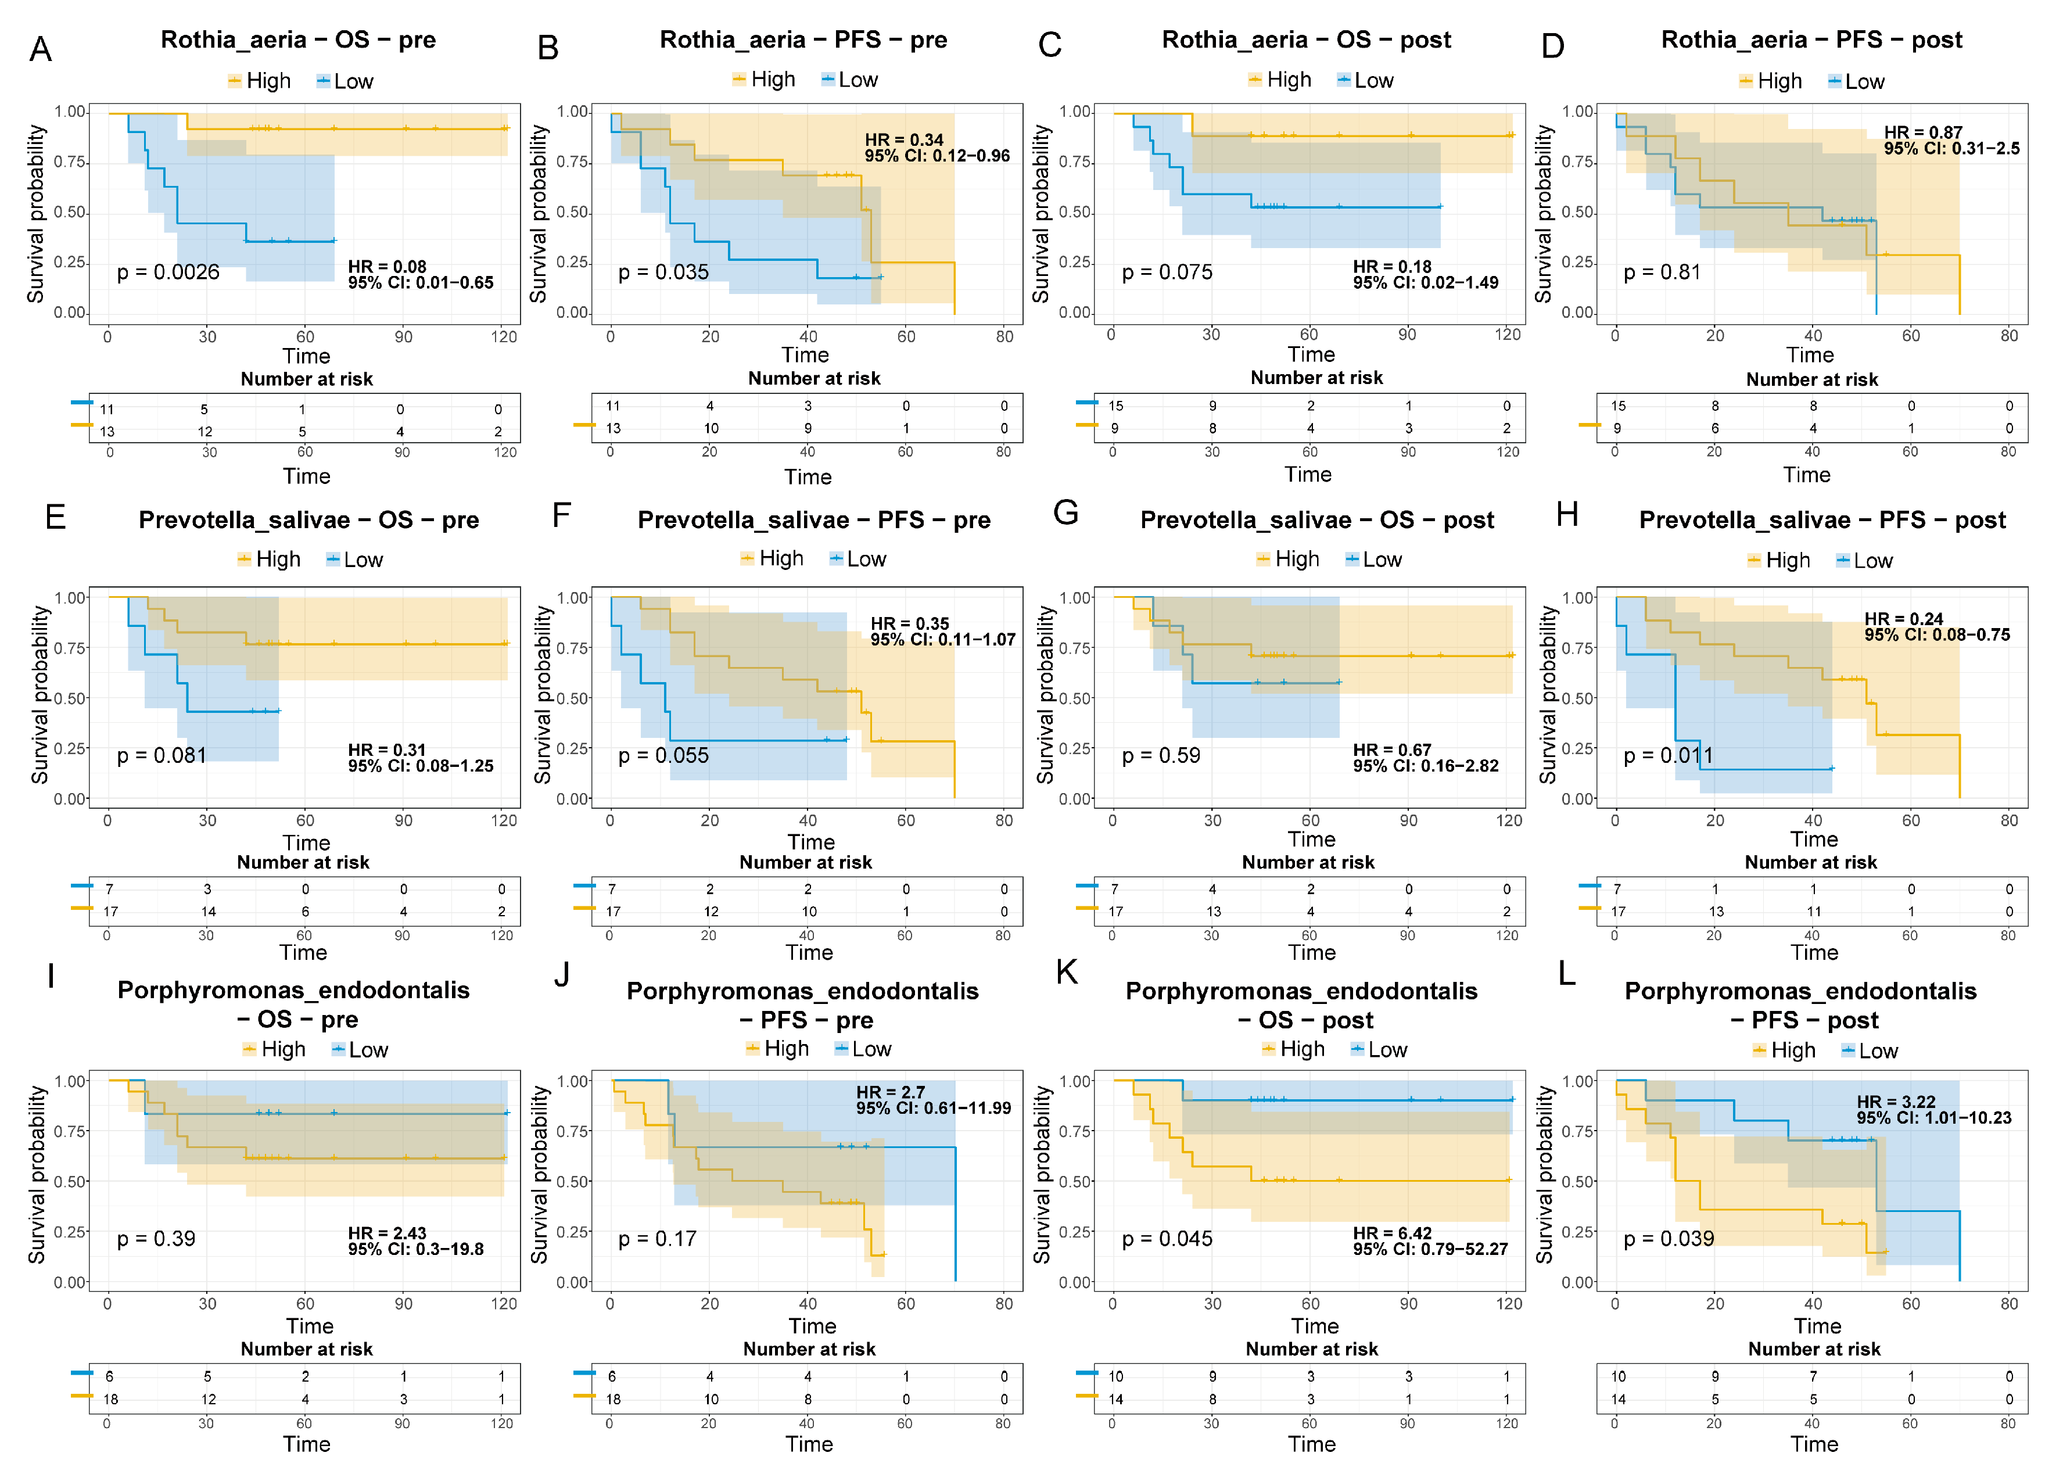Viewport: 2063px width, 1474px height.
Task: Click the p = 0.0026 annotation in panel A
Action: (x=168, y=272)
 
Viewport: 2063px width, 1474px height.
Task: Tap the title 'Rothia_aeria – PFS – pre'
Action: (x=803, y=40)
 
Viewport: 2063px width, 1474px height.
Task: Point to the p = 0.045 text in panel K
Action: (x=1167, y=1239)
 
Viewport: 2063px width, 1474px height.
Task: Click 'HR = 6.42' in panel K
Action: (x=1392, y=1232)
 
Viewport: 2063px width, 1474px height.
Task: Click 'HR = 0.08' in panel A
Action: (x=388, y=267)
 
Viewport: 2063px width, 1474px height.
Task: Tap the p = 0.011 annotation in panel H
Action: (x=1668, y=755)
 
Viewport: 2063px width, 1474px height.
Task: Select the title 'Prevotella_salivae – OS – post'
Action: (x=1317, y=520)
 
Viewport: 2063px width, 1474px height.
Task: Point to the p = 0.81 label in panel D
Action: (x=1662, y=272)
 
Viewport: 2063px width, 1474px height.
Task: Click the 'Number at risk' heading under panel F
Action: (x=806, y=862)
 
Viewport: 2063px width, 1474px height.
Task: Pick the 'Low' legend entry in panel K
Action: (x=1387, y=1050)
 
